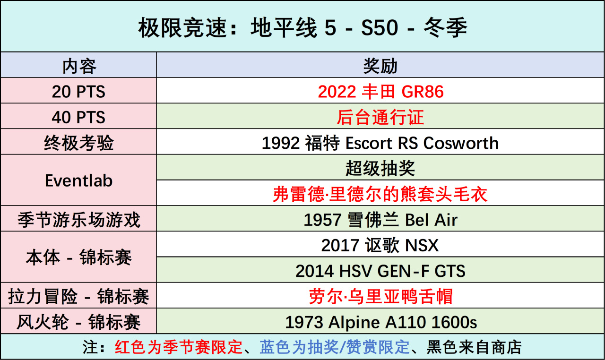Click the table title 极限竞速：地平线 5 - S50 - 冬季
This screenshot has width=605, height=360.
pyautogui.click(x=303, y=27)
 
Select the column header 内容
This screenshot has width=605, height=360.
pyautogui.click(x=79, y=66)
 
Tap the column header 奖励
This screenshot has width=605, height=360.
pyautogui.click(x=380, y=66)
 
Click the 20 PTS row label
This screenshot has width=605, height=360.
pyautogui.click(x=78, y=92)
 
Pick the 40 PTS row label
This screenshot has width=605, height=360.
pyautogui.click(x=78, y=117)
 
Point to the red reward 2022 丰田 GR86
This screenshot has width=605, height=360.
pyautogui.click(x=380, y=92)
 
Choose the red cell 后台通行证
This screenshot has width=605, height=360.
pyautogui.click(x=380, y=117)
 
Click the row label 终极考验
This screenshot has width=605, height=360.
pyautogui.click(x=78, y=143)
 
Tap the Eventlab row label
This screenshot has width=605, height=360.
pyautogui.click(x=78, y=180)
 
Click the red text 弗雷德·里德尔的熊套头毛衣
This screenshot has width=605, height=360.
pyautogui.click(x=380, y=194)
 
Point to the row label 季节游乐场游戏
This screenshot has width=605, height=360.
pyautogui.click(x=79, y=219)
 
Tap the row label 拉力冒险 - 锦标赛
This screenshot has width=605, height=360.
pyautogui.click(x=78, y=296)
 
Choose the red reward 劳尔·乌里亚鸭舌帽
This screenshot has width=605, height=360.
pyautogui.click(x=380, y=296)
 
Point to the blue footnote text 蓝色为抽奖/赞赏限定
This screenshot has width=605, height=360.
pyautogui.click(x=334, y=347)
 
